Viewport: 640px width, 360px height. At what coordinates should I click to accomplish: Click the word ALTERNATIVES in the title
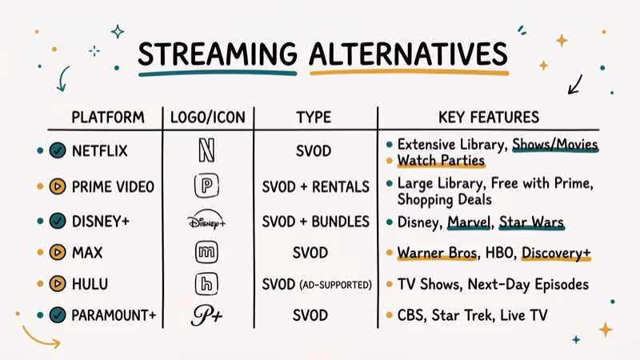coord(408,55)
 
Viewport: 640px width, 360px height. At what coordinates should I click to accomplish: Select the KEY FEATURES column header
coord(489,117)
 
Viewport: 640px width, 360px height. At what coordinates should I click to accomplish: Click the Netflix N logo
coord(206,151)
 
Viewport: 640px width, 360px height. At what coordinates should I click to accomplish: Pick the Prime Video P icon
coord(206,186)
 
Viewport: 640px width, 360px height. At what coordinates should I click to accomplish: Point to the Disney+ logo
coord(206,222)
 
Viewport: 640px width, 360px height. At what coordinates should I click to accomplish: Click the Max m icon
coord(206,253)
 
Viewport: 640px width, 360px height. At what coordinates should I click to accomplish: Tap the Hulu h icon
coord(206,284)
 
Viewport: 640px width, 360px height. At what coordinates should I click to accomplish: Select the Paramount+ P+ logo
coord(206,315)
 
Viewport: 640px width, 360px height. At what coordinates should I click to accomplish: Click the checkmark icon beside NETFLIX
coord(57,151)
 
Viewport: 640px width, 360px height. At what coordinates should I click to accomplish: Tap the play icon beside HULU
coord(57,284)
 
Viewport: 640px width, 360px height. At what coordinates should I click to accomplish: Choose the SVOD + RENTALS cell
coord(315,186)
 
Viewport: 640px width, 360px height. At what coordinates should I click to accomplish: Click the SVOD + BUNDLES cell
coord(315,222)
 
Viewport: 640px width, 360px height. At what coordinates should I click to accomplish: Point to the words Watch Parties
coord(441,160)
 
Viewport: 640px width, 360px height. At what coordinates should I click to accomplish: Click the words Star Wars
coord(531,222)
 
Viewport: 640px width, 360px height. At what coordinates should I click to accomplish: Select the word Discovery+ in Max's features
coord(556,253)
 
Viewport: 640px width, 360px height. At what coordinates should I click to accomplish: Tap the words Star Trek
coord(463,315)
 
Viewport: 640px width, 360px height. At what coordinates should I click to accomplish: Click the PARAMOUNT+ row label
coord(114,315)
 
